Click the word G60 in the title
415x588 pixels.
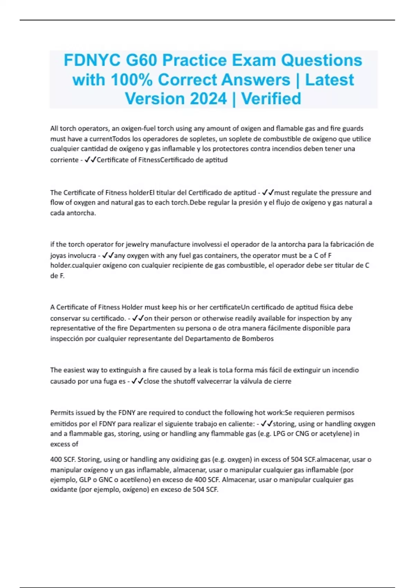tap(141, 60)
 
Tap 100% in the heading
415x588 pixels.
tap(131, 80)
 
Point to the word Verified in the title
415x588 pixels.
tap(271, 99)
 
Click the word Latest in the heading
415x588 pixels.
tap(329, 80)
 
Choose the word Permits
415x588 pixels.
tap(61, 413)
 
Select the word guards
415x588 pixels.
tap(353, 128)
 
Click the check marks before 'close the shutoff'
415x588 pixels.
tap(137, 381)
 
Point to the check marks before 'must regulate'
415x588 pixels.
tap(268, 192)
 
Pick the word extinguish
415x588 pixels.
tap(125, 370)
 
